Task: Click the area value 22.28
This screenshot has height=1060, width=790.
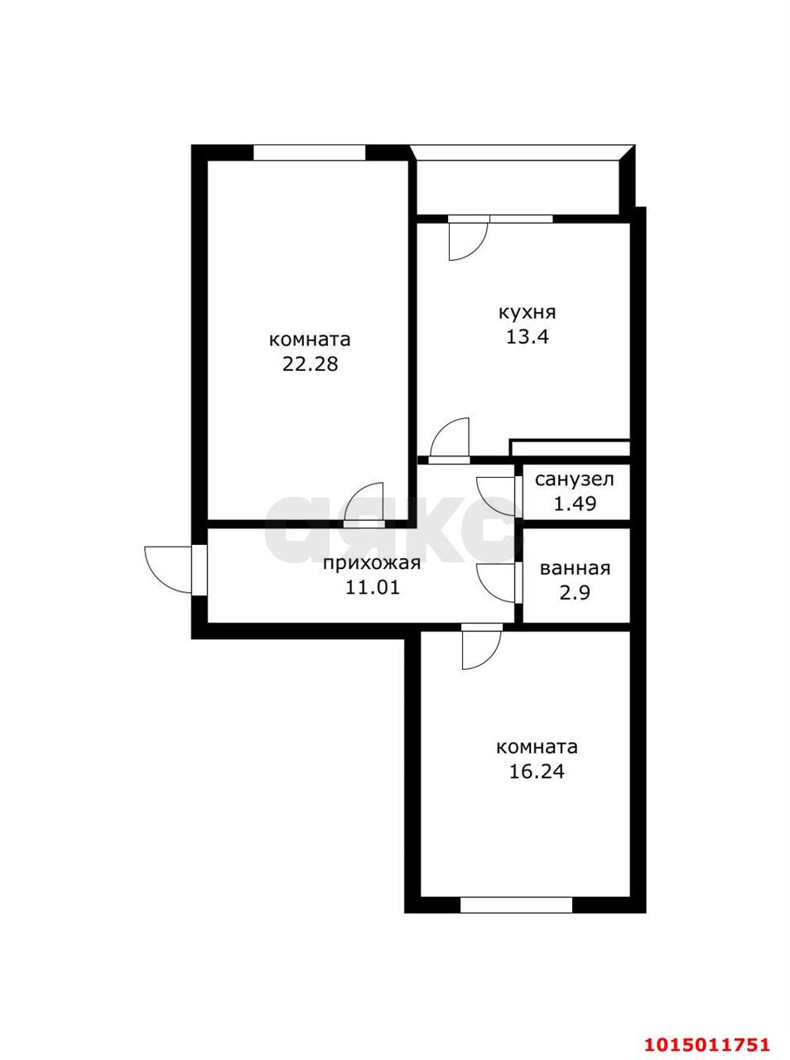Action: point(310,364)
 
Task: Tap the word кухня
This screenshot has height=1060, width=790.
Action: point(527,313)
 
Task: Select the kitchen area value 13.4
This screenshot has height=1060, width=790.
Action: point(527,336)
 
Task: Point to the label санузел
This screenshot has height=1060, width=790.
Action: point(575,480)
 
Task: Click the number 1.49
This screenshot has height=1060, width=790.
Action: point(575,503)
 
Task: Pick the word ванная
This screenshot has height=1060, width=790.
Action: point(576,569)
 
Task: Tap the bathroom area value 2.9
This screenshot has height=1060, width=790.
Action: point(575,593)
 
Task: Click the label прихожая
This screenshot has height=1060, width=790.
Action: point(372,563)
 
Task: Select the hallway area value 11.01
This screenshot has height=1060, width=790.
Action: point(373,587)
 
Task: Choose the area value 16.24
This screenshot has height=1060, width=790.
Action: point(537,771)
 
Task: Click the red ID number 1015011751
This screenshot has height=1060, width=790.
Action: point(706,1032)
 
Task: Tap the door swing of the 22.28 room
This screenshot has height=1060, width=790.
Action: point(364,502)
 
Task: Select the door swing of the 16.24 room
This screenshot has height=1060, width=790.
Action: point(481,650)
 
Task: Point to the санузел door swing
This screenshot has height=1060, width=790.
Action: point(495,496)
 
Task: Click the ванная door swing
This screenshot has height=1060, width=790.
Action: point(495,583)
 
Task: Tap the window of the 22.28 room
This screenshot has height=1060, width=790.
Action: point(310,152)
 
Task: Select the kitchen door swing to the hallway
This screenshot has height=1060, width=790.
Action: point(450,436)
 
